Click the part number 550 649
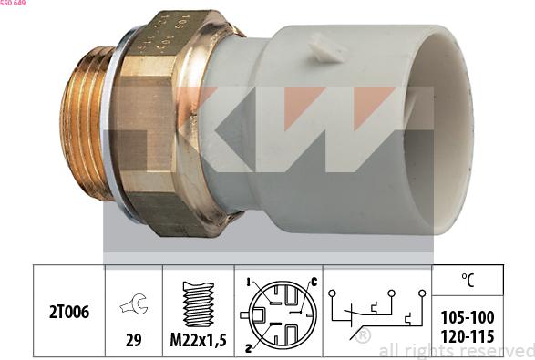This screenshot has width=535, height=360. pyautogui.click(x=14, y=4)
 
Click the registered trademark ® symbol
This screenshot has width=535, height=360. pyautogui.click(x=364, y=336)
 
